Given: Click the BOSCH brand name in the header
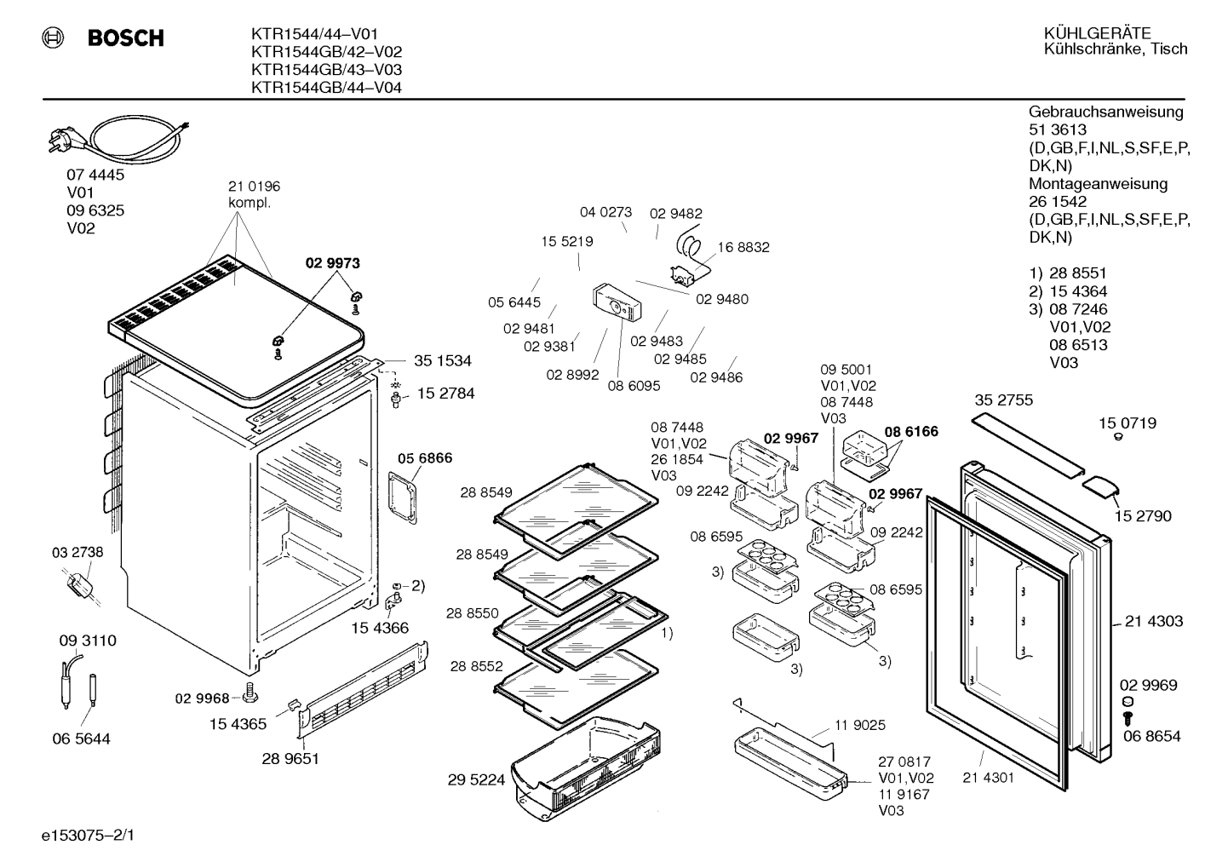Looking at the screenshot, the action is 125,37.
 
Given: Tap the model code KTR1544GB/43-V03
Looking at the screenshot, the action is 326,70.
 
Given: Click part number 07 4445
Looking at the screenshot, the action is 95,175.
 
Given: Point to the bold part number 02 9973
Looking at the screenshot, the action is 333,263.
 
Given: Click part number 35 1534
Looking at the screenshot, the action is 443,361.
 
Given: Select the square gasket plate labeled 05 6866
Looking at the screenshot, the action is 403,497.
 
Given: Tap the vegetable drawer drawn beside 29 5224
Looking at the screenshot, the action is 586,767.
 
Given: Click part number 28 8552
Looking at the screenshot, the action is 476,666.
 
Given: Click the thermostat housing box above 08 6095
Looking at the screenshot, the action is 617,302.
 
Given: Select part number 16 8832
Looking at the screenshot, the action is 743,247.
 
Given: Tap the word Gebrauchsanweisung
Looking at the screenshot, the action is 1105,112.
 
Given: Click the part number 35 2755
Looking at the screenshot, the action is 1003,400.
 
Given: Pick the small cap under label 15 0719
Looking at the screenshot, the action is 1119,436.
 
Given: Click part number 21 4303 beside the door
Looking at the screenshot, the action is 1154,621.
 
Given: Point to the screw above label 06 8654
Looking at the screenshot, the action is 1128,718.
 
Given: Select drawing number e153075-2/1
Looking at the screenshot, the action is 88,835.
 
